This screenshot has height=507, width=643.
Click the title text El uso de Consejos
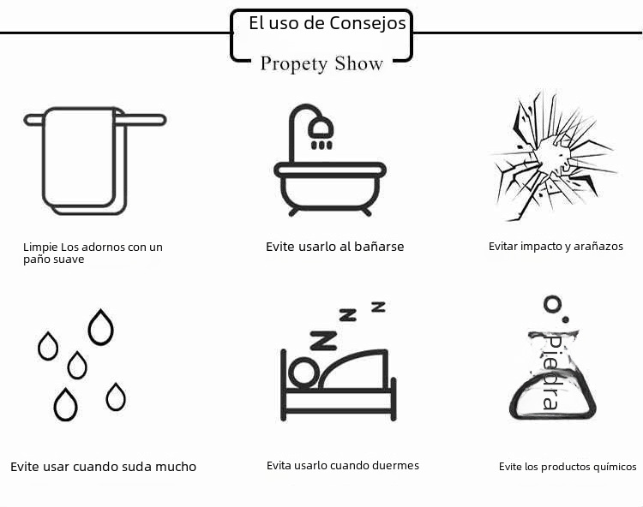(x=327, y=24)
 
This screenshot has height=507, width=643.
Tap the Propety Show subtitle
(x=321, y=63)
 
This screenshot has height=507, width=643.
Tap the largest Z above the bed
(x=324, y=340)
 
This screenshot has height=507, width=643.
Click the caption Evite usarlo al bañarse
(x=334, y=247)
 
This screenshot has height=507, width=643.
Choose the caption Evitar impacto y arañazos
(x=556, y=247)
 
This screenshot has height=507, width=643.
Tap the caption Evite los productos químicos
(x=568, y=467)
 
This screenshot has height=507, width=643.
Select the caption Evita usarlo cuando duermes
(x=343, y=466)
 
